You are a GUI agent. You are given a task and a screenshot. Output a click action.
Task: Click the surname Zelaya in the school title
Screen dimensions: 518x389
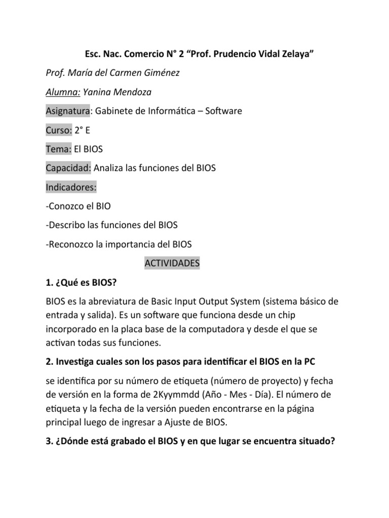(x=290, y=54)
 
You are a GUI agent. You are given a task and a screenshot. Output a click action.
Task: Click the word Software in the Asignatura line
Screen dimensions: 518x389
(x=221, y=110)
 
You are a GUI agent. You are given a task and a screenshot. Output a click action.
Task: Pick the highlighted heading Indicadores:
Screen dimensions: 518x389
(x=71, y=187)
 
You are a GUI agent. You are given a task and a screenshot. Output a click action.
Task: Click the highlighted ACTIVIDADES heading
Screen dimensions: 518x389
(x=172, y=263)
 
